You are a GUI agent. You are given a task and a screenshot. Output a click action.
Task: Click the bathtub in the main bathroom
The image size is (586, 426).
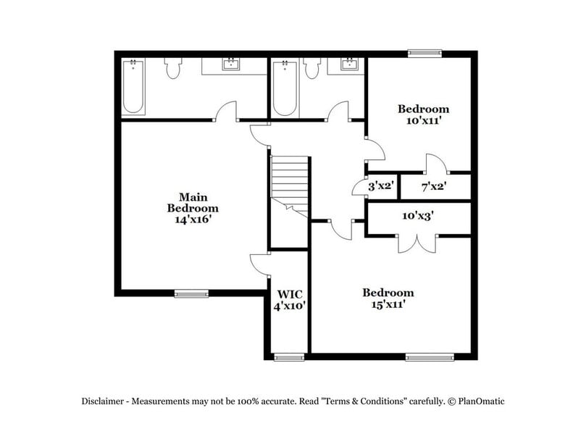click(x=133, y=87)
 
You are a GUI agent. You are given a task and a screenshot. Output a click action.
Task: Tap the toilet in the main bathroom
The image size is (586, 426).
click(x=172, y=68)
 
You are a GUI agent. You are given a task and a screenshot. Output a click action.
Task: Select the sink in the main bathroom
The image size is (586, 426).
click(x=232, y=65)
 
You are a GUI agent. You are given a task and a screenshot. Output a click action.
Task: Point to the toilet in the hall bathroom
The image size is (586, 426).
click(x=312, y=68)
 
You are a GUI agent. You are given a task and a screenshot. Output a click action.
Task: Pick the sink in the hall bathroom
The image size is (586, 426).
click(x=348, y=65)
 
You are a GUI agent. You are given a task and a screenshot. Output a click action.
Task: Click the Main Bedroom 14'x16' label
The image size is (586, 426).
click(x=193, y=207)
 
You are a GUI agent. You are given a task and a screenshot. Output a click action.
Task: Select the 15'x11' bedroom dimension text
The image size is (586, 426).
click(x=388, y=305)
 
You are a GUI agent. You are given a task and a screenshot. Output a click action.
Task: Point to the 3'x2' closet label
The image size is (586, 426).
click(x=381, y=186)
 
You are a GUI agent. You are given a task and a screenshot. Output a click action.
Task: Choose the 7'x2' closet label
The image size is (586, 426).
click(x=433, y=186)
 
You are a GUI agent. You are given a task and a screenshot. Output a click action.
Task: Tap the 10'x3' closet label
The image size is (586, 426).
click(x=418, y=215)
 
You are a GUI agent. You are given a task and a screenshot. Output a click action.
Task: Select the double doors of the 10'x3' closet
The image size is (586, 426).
click(x=417, y=243)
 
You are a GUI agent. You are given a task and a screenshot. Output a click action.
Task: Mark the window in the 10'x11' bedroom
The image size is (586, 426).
click(x=424, y=53)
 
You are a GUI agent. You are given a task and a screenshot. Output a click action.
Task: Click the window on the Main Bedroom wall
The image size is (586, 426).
click(x=191, y=293)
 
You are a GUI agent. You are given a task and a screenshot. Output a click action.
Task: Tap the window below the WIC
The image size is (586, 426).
click(x=289, y=356)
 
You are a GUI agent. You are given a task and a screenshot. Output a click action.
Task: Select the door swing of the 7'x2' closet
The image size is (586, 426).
click(x=435, y=164)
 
